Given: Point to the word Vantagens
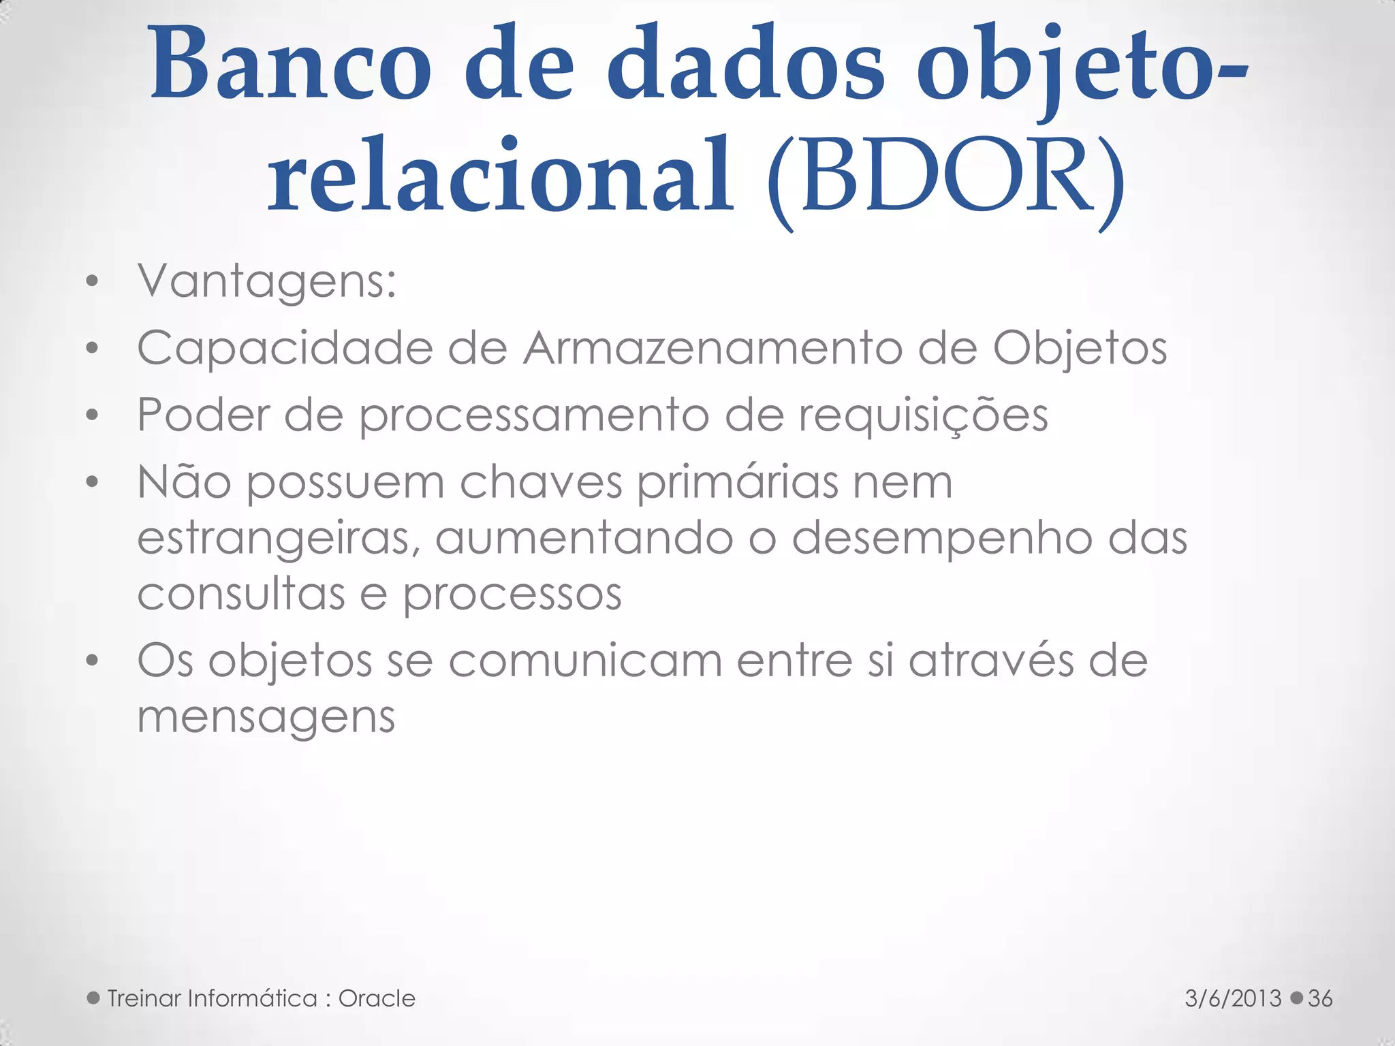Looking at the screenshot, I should tap(266, 282).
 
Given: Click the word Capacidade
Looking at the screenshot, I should tap(285, 349).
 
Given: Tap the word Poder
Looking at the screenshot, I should tap(203, 415).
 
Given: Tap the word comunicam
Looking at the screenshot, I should tap(585, 661).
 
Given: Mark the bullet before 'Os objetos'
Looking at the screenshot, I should tap(93, 661).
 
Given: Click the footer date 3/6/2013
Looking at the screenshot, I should tap(1233, 998).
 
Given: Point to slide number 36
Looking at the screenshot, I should tap(1320, 998).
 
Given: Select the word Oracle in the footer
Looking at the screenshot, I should tap(377, 998).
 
